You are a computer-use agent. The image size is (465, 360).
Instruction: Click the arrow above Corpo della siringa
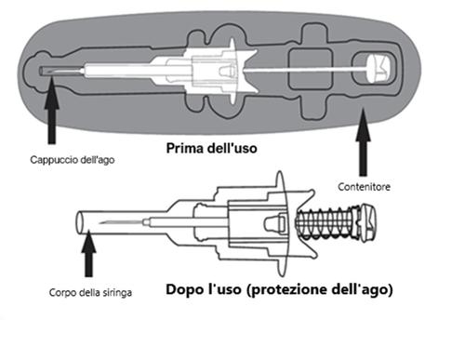pos(89,256)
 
